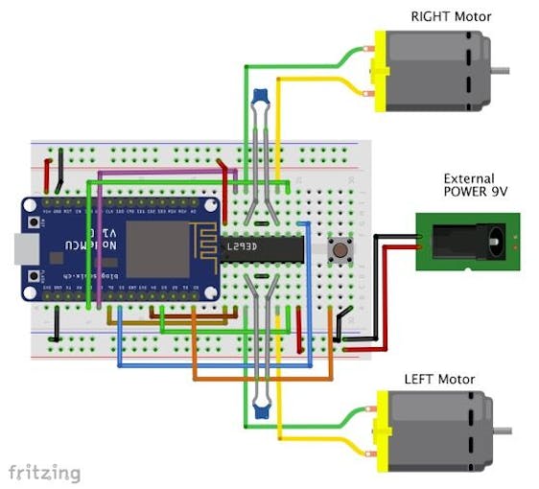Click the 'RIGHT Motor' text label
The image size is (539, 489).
click(450, 15)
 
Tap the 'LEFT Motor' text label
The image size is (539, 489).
click(441, 379)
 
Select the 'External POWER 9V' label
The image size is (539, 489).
click(469, 185)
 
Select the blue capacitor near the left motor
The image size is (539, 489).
click(259, 412)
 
